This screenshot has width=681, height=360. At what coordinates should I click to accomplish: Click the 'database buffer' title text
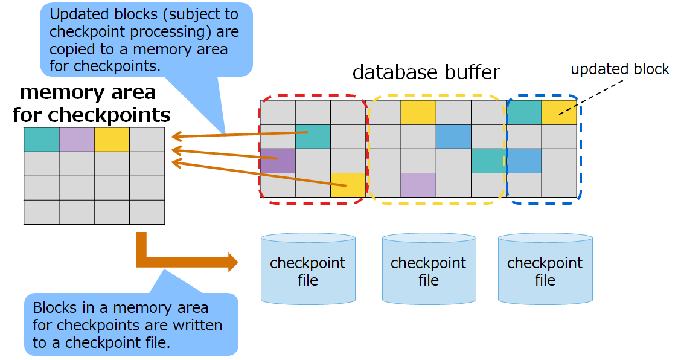pyautogui.click(x=426, y=72)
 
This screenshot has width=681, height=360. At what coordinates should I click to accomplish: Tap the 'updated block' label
pyautogui.click(x=619, y=69)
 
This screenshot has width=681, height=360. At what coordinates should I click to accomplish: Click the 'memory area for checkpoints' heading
pyautogui.click(x=91, y=103)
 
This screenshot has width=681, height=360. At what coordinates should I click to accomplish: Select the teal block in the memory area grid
pyautogui.click(x=41, y=140)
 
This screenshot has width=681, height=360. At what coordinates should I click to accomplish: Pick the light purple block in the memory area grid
pyautogui.click(x=77, y=140)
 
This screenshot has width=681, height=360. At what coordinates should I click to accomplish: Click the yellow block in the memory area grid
pyautogui.click(x=112, y=140)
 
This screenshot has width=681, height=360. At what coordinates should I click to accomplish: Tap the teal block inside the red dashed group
pyautogui.click(x=313, y=137)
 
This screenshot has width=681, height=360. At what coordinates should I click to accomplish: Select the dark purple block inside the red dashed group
pyautogui.click(x=278, y=161)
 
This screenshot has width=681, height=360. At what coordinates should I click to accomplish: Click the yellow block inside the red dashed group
pyautogui.click(x=348, y=185)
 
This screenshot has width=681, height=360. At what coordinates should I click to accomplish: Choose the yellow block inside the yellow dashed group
pyautogui.click(x=418, y=112)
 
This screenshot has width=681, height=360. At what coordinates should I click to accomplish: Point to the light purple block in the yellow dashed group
pyautogui.click(x=418, y=185)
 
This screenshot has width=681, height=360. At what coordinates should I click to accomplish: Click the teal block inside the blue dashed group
pyautogui.click(x=524, y=112)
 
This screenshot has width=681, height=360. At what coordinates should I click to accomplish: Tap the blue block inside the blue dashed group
pyautogui.click(x=524, y=161)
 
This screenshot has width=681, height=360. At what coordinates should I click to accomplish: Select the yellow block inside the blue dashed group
pyautogui.click(x=558, y=112)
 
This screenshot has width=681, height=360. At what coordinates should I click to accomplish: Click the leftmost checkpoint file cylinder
pyautogui.click(x=308, y=269)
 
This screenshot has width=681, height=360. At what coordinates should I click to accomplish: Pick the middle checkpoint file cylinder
pyautogui.click(x=429, y=269)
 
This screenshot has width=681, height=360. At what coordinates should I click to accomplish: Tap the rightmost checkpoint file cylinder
pyautogui.click(x=545, y=269)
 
